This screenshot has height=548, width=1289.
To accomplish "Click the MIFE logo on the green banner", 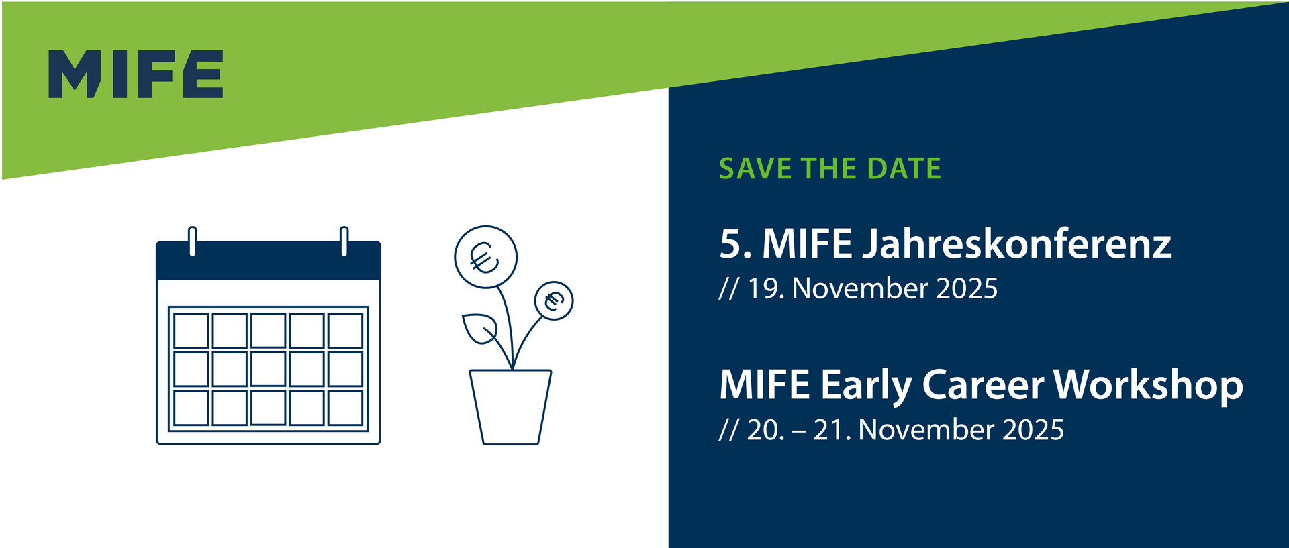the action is click(136, 74).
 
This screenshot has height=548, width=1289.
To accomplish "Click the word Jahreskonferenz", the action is click(1016, 244).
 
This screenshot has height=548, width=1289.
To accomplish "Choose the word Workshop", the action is click(1148, 386).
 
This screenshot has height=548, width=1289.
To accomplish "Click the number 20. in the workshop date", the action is click(765, 430).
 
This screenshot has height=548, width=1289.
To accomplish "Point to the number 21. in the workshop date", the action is click(832, 430).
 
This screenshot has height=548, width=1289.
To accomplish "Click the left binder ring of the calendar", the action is click(193, 241).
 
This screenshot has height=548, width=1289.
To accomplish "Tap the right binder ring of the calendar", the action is click(344, 241).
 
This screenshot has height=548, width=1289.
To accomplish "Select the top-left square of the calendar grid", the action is click(191, 331).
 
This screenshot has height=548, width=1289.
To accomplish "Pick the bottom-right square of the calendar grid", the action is click(346, 408).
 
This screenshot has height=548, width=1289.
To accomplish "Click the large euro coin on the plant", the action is click(485, 258).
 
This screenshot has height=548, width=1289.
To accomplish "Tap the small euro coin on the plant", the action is click(554, 300).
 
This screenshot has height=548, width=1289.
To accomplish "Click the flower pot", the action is click(511, 406).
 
